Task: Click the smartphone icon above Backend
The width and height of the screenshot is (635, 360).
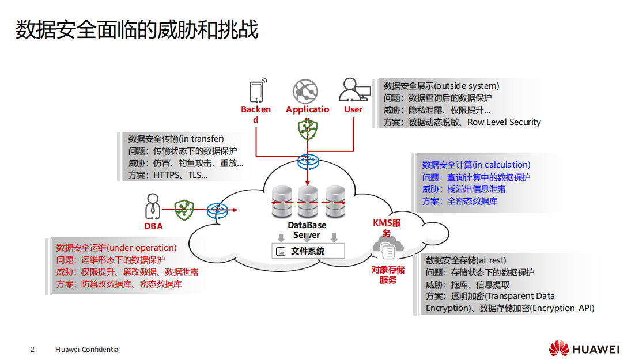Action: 258,91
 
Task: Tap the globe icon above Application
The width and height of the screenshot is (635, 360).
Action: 305,92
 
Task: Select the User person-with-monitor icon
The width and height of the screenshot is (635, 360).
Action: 354,91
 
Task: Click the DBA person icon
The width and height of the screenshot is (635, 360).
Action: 153,207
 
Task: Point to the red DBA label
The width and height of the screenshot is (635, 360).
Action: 153,226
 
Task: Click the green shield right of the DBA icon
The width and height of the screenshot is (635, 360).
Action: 184,210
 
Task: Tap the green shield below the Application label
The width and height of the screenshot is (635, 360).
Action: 308,130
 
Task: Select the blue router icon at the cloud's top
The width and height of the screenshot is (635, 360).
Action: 308,162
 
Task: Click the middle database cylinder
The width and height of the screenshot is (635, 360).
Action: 307,202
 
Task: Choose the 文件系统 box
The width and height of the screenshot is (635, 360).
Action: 308,251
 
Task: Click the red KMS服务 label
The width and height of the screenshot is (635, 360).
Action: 387,228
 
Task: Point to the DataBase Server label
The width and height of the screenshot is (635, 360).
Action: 307,230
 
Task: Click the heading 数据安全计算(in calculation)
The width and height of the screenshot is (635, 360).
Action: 476,165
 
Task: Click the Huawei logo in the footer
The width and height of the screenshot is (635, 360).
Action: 584,348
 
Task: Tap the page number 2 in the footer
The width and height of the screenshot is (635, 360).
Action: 33,350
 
